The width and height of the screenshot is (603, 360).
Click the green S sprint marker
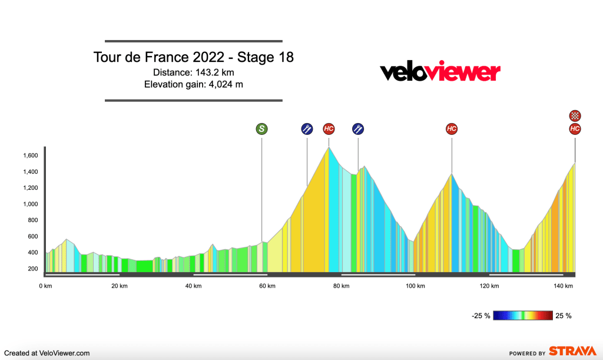pos(261,129)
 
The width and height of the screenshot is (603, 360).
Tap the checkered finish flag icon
pos(575,115)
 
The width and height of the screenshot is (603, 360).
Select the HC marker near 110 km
pos(452,129)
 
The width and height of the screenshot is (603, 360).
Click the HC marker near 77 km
pos(329,129)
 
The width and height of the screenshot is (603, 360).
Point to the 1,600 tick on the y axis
pos(31,156)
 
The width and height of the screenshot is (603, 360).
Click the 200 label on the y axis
pos(33,269)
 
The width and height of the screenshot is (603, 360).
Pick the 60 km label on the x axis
pos(267,286)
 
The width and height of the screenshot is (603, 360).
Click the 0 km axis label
pos(45,286)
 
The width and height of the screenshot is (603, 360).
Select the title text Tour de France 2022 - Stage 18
pos(193,58)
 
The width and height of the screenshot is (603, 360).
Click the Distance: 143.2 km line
pos(193,72)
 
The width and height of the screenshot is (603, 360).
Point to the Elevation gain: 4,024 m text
pos(193,84)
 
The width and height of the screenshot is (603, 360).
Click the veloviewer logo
pos(440,72)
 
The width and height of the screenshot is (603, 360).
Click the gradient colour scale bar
pos(524,315)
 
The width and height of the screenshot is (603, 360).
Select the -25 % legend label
pos(481,316)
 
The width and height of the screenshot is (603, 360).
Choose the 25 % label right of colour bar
pos(564,316)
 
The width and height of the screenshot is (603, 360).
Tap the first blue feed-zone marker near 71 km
pos(306,129)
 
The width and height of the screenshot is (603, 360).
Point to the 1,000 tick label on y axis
pos(31,204)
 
